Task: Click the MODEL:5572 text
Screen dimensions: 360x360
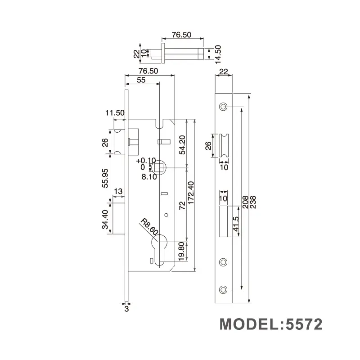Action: point(271,324)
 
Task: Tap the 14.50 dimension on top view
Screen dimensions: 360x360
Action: point(218,53)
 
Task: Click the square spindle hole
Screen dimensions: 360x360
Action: point(159,168)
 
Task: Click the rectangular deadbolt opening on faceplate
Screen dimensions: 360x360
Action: point(223,221)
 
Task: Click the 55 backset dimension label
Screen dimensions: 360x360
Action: point(141,80)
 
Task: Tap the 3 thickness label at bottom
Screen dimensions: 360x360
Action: point(126,309)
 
